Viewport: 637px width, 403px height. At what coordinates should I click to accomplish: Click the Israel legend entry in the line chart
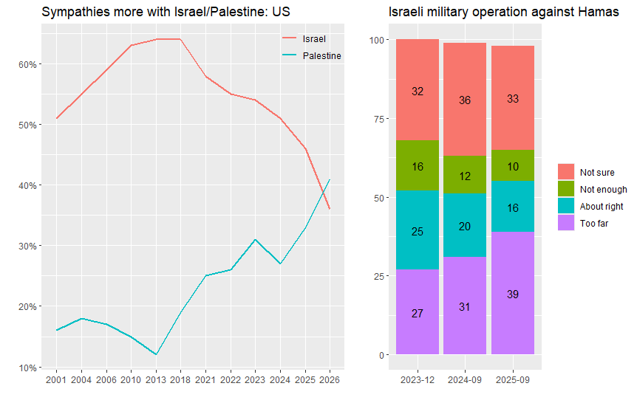(314, 38)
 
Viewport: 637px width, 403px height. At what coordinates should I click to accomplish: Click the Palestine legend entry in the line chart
(321, 56)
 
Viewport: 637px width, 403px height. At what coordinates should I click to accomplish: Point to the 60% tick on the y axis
(28, 64)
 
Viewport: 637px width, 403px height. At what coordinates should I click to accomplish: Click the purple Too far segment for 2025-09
(512, 293)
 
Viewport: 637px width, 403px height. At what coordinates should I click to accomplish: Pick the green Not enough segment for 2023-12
(418, 167)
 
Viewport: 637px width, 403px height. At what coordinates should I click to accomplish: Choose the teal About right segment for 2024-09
(465, 225)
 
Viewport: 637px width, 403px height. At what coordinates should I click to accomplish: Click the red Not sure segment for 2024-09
(465, 100)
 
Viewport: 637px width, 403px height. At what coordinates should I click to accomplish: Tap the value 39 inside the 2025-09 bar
(512, 294)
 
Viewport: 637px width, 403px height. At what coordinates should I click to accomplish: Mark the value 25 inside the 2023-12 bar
(418, 232)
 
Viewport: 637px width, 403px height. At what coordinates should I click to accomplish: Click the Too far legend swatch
(566, 223)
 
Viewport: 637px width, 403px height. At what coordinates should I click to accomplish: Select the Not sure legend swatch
(566, 172)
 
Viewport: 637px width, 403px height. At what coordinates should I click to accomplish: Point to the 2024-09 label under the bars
(465, 379)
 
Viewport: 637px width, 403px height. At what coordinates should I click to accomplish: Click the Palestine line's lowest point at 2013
(156, 355)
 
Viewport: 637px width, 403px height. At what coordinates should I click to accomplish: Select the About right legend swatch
(566, 206)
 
